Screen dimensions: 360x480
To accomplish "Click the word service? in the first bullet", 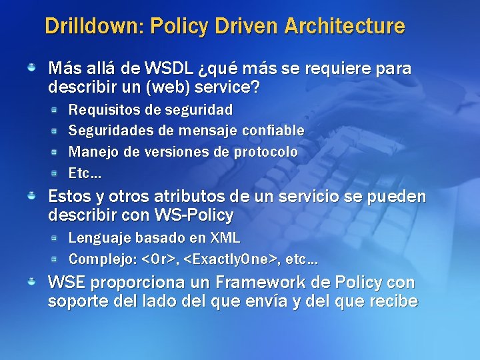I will [226, 87].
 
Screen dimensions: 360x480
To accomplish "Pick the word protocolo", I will [265, 151].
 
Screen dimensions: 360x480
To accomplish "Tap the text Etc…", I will [85, 173].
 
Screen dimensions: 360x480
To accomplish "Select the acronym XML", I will [225, 237].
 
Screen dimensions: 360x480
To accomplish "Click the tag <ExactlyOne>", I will [227, 258].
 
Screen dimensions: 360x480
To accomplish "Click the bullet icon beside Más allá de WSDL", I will [31, 68].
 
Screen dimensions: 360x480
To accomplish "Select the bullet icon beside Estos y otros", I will [31, 197].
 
